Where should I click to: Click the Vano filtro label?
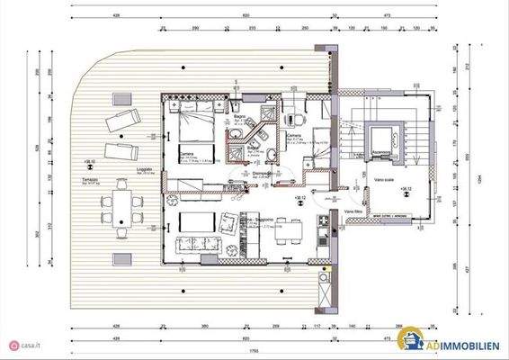[x=354, y=211]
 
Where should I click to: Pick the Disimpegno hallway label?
[x=263, y=174]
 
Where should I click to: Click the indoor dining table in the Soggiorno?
[x=289, y=233]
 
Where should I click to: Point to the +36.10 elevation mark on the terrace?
[x=89, y=162]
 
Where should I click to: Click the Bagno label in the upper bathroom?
[x=240, y=117]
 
